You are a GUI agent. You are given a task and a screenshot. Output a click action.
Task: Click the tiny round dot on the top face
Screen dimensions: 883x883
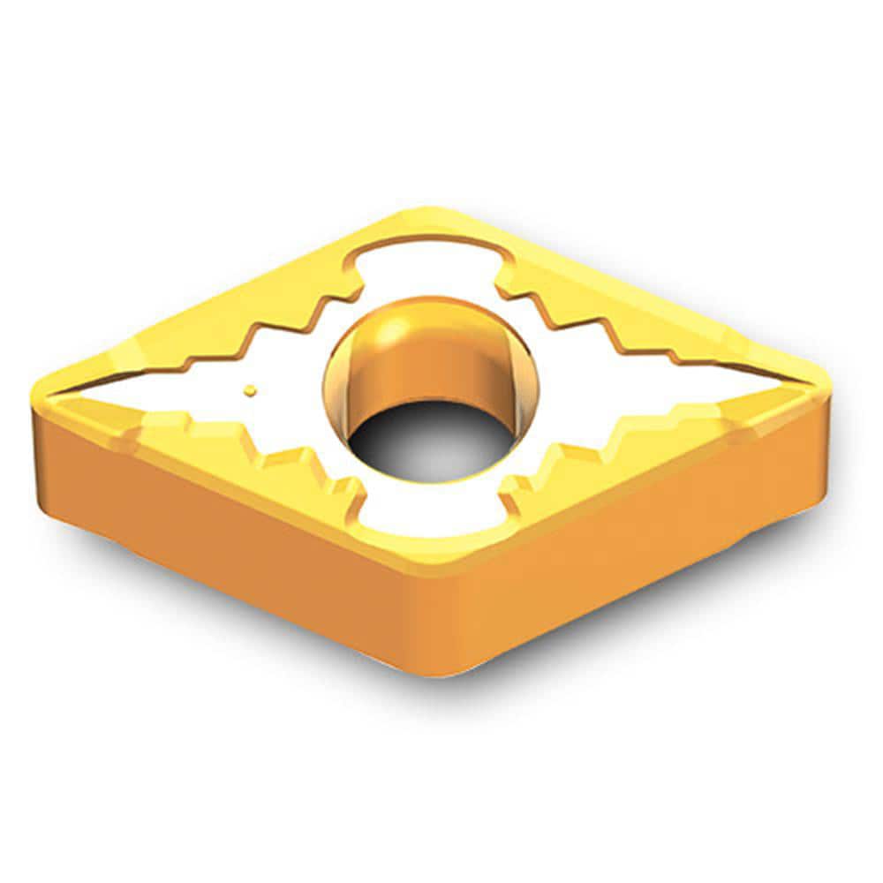(251, 388)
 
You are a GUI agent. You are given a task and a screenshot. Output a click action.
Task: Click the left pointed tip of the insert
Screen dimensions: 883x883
(40, 389)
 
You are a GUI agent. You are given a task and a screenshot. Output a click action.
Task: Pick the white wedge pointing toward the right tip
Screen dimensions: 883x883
(698, 389)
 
